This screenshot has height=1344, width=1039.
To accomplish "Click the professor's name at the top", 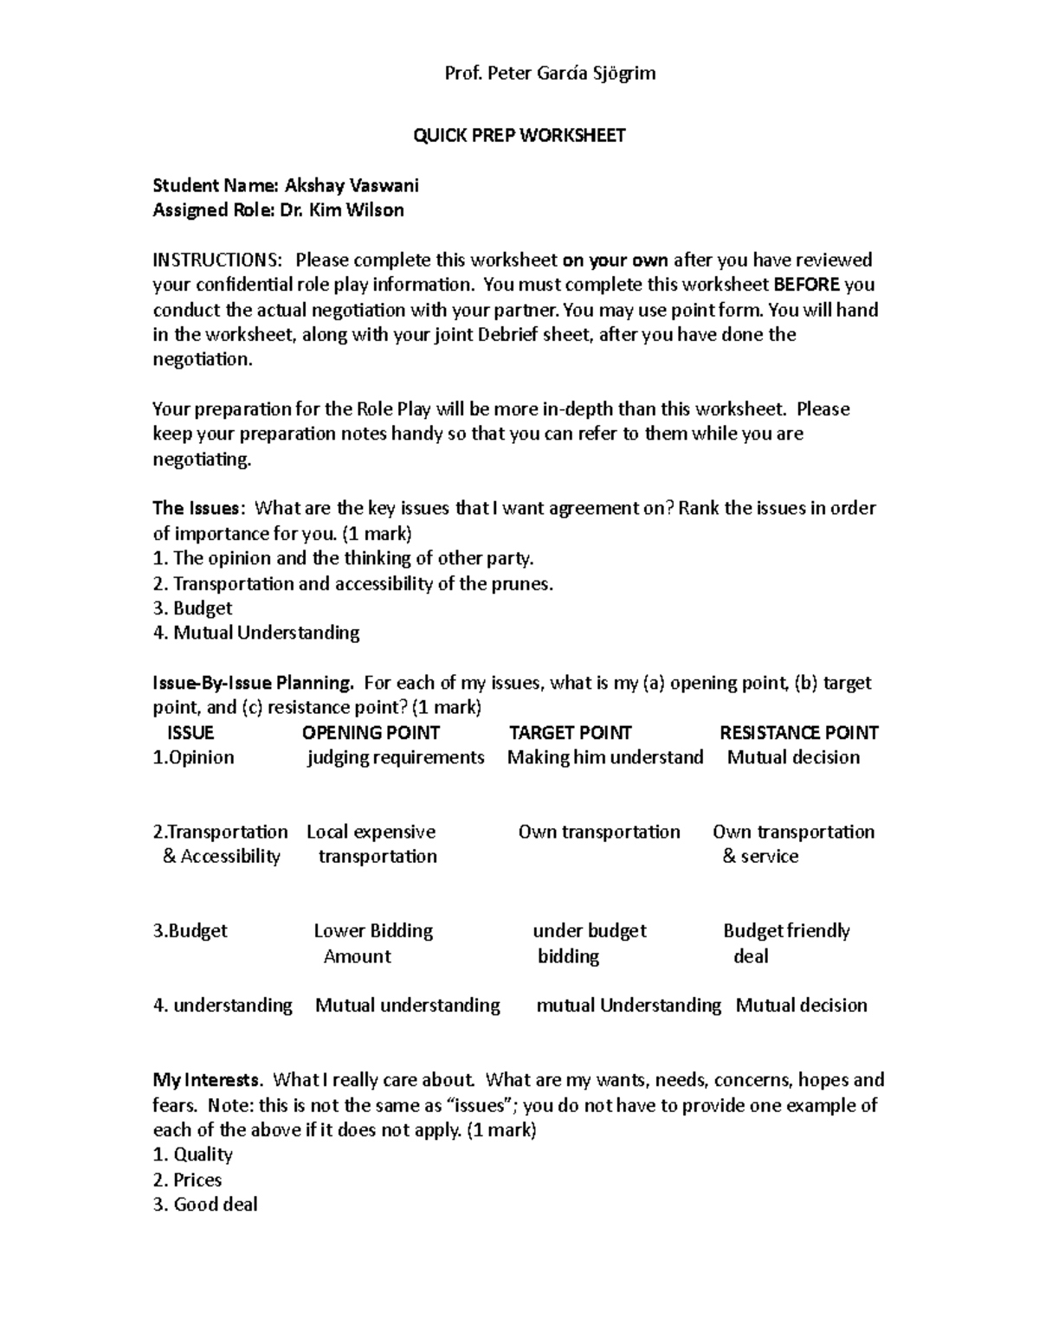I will coord(550,74).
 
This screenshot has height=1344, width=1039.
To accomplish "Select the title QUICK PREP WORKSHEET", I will coord(519,136).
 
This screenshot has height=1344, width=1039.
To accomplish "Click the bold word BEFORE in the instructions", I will coord(806,285).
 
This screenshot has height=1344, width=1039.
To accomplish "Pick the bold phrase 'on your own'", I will coord(615,260).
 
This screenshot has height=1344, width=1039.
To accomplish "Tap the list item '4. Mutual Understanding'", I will coord(256,633).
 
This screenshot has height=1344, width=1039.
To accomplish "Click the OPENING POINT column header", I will coord(371,733).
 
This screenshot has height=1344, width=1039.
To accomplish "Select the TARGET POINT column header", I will coord(570,733).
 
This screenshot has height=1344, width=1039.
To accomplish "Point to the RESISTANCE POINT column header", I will coord(798,733).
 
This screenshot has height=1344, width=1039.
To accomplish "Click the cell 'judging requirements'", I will coord(396,758).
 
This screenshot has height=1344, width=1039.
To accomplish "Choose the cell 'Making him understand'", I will coord(605,758).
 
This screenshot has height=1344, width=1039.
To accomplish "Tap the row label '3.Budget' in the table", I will coord(190,931).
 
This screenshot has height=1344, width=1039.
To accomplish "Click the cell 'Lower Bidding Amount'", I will coord(372,943).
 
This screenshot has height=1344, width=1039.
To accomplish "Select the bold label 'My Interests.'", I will coord(207,1080).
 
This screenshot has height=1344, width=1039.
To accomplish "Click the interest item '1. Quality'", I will coord(193,1154).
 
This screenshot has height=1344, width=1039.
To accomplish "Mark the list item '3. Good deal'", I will coord(205,1205).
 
